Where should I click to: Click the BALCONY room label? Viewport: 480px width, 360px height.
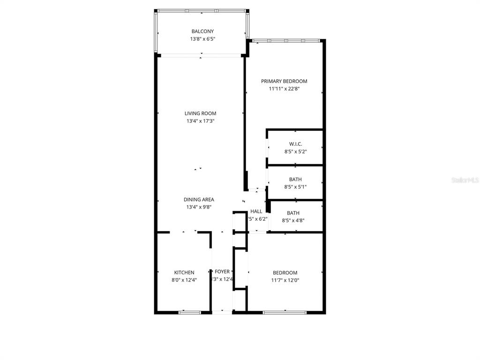click(x=202, y=31)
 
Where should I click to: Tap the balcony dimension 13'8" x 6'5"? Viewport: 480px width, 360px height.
click(x=202, y=39)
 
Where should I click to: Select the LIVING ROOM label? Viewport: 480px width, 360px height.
click(x=200, y=113)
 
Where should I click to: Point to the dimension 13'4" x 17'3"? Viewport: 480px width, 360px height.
click(x=200, y=121)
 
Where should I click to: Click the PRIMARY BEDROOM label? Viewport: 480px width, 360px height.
click(x=284, y=81)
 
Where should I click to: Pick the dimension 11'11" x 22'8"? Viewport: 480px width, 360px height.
click(x=284, y=89)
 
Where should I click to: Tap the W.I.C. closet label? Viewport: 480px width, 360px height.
click(x=295, y=144)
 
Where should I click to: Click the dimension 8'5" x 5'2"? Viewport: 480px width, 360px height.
click(x=295, y=151)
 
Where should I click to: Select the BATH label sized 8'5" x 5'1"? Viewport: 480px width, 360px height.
click(x=295, y=180)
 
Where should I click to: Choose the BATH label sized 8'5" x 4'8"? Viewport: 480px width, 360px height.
click(x=293, y=213)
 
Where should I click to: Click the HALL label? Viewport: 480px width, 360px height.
click(x=256, y=211)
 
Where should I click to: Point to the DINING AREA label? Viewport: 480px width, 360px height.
click(x=199, y=199)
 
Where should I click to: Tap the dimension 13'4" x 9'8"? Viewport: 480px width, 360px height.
click(x=199, y=207)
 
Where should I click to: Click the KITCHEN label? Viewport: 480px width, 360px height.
click(x=184, y=272)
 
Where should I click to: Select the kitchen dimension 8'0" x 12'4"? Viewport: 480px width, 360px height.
click(x=184, y=280)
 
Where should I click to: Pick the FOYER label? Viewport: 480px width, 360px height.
click(x=222, y=272)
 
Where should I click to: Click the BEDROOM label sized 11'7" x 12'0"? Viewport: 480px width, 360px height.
click(x=285, y=273)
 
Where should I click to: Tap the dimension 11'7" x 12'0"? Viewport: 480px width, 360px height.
click(x=285, y=280)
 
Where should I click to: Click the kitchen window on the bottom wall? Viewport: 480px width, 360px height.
click(x=190, y=312)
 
